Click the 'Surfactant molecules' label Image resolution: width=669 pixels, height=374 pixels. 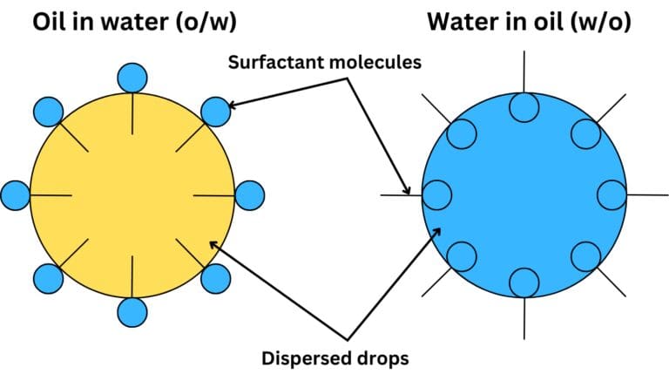[325, 63]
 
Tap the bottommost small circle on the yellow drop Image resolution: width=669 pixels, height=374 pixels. [132, 310]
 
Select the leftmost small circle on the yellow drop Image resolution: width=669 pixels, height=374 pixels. [17, 194]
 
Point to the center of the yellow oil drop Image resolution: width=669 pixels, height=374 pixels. [132, 194]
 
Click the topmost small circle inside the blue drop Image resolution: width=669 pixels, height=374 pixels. [524, 108]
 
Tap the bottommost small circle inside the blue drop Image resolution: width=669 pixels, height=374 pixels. [524, 282]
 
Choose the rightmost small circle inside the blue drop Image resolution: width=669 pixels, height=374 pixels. [611, 194]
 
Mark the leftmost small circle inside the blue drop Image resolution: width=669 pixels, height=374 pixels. [436, 194]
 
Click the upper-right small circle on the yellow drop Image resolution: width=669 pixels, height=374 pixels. [214, 112]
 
